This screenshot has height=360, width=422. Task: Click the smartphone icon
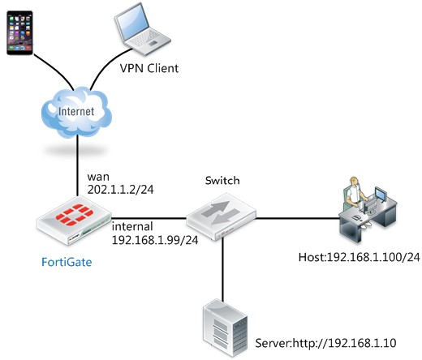tap(19, 32)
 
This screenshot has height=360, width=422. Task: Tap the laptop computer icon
tap(142, 29)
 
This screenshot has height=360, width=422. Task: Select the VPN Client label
tap(149, 68)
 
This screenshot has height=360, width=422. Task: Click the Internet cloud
tap(76, 112)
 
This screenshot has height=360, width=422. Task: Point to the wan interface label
tap(98, 177)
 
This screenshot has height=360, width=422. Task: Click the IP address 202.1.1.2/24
tap(120, 190)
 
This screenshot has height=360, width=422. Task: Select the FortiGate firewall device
tap(74, 224)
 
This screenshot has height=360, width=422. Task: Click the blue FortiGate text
tap(67, 262)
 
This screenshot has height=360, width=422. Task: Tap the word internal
tap(132, 226)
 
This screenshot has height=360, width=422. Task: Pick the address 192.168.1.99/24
tap(155, 240)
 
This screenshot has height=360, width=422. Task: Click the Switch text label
tap(222, 180)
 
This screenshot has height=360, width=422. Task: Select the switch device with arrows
tap(222, 216)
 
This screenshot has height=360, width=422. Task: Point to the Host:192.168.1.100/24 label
tap(360, 257)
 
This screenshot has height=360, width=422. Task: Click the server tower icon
tap(226, 328)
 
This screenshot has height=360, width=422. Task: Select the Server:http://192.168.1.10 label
tap(325, 343)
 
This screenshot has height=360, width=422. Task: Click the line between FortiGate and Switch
tap(149, 218)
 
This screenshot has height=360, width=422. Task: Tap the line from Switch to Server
tap(222, 270)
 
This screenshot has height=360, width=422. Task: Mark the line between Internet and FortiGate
tap(77, 165)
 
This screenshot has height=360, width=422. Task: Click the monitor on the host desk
tap(381, 194)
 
